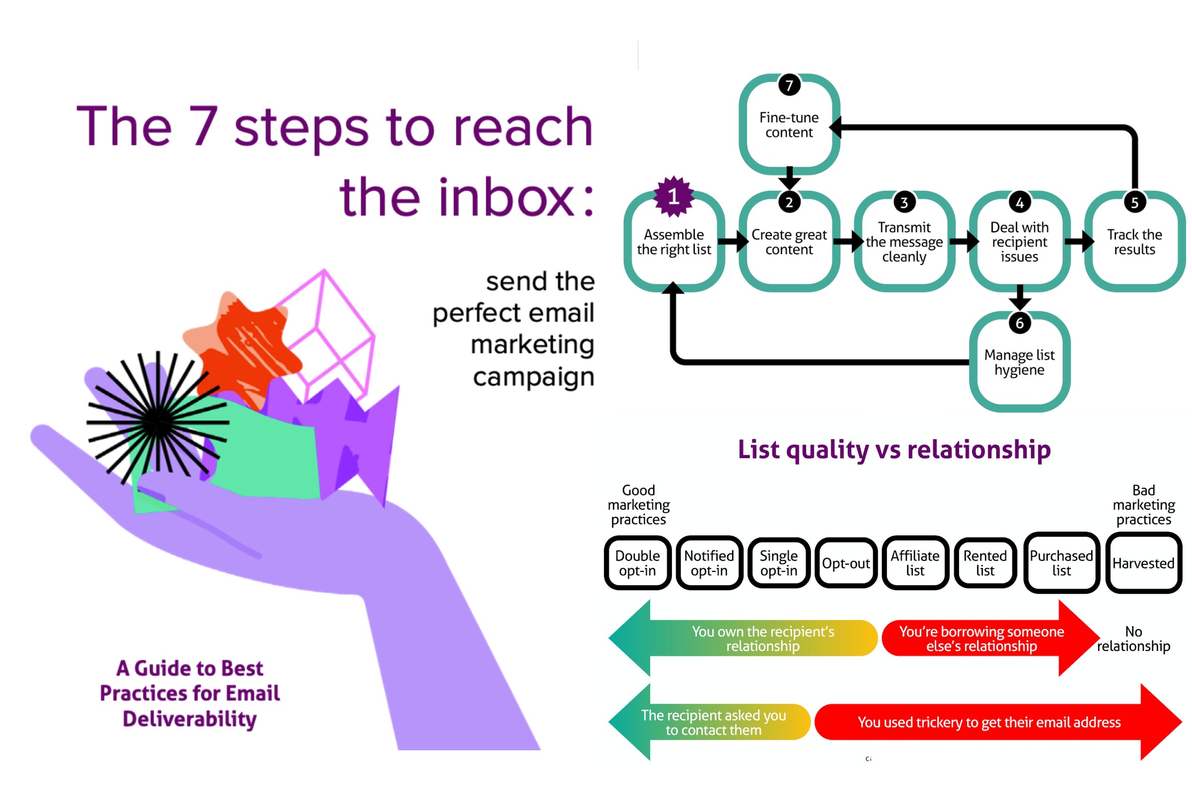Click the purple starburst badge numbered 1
click(x=673, y=196)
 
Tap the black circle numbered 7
click(x=789, y=85)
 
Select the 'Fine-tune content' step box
click(x=789, y=124)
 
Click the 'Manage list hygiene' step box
click(x=1020, y=361)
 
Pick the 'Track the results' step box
click(x=1135, y=241)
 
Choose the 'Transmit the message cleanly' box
click(x=904, y=241)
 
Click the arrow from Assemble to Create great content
click(x=733, y=241)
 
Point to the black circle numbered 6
click(x=1020, y=323)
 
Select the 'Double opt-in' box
click(x=637, y=562)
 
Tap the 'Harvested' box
click(x=1144, y=562)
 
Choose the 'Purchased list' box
click(x=1061, y=562)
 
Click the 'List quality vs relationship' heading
click(x=894, y=450)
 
